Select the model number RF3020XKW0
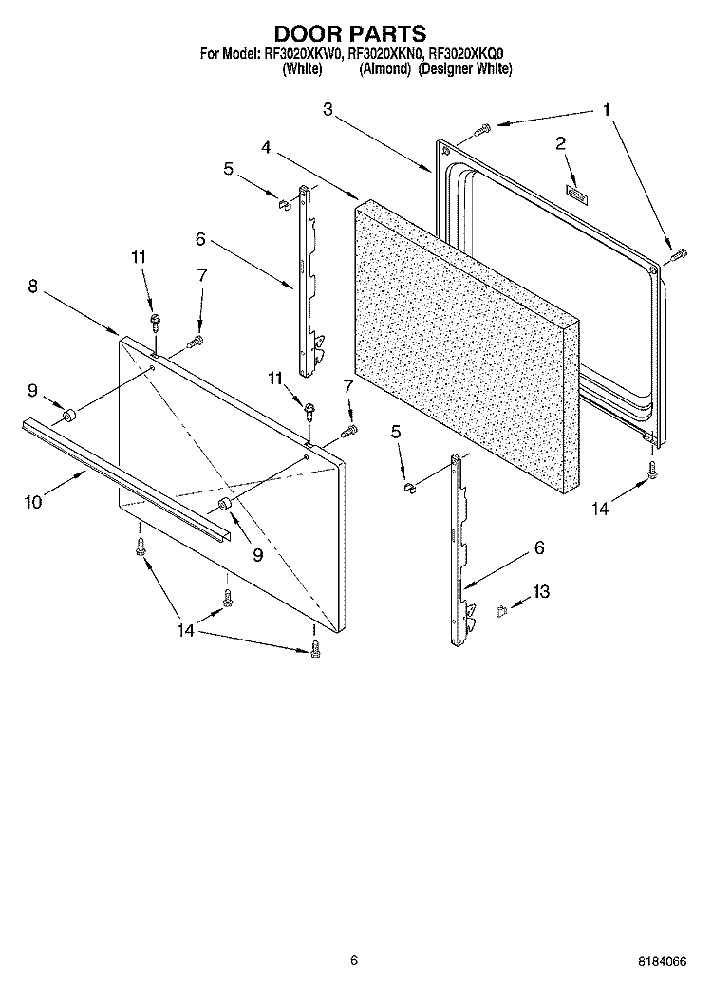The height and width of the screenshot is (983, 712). point(303,55)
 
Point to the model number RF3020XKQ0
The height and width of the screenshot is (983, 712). point(471,55)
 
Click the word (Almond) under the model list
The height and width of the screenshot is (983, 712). point(384,69)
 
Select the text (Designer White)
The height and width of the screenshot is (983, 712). point(464,69)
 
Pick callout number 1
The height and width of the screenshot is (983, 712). point(605,110)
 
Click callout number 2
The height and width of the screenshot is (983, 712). point(560,143)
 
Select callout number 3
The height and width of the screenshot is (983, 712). point(327,110)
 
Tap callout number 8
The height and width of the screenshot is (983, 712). point(32,286)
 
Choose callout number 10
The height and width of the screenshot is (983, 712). point(34,503)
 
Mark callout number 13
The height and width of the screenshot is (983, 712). point(540,592)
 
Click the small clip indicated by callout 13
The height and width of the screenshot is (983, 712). point(501,610)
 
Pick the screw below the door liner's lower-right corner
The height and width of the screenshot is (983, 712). point(652,470)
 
